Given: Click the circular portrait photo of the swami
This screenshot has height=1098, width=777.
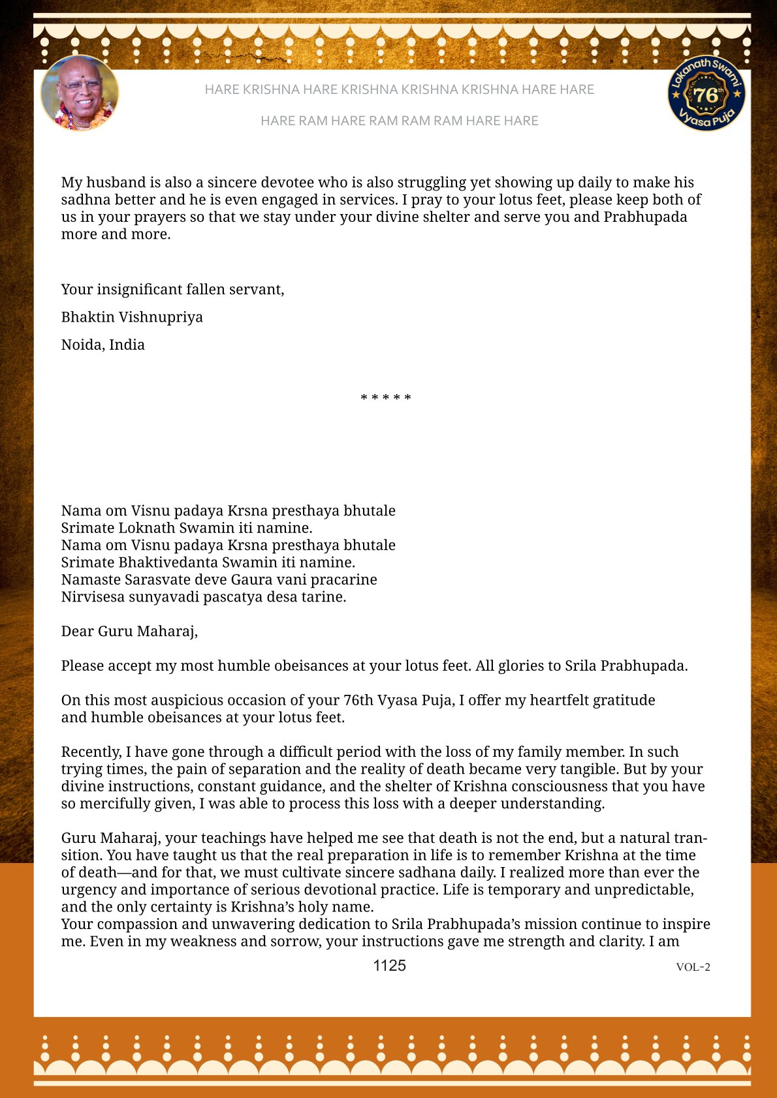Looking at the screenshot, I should pos(80,93).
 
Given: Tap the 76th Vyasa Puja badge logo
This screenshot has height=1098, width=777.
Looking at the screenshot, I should pos(706,93).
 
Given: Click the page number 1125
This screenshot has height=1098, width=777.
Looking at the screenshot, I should pos(389,966).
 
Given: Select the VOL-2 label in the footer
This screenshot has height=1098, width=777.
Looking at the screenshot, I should pos(693,967).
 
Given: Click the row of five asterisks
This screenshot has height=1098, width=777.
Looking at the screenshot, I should pos(386,398).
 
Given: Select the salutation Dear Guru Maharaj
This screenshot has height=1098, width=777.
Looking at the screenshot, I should pos(129,631).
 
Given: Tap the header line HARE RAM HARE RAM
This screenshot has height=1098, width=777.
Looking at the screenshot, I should pos(399,121).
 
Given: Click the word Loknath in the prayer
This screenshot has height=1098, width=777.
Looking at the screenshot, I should pos(146,528).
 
